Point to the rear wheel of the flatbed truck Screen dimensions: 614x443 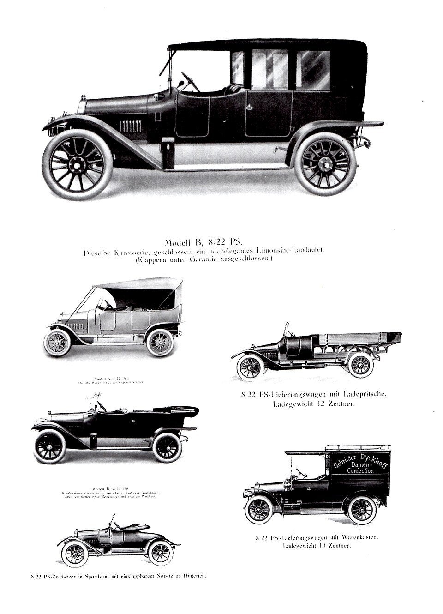[x=360, y=365]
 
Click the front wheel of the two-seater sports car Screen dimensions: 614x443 [x=75, y=554]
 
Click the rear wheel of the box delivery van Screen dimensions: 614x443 [x=362, y=510]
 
